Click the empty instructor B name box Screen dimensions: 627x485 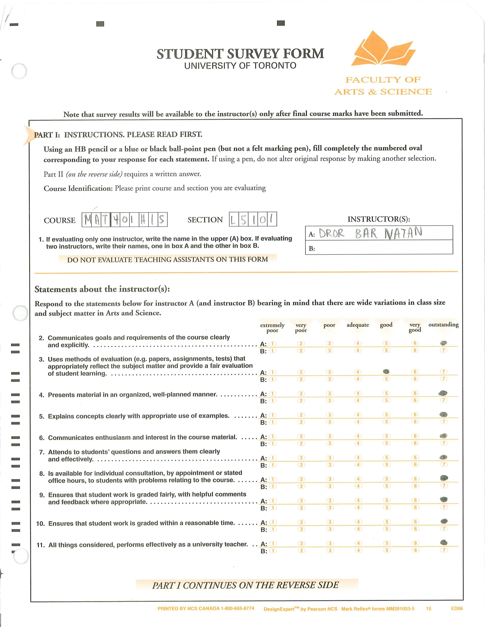(x=382, y=247)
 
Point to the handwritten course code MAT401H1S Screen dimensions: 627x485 (x=124, y=220)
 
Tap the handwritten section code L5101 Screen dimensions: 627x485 (x=253, y=219)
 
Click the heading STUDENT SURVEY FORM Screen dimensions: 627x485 (x=240, y=54)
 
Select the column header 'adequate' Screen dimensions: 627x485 (x=358, y=325)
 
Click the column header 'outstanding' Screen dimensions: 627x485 (x=443, y=325)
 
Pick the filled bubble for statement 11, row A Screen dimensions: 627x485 (x=444, y=542)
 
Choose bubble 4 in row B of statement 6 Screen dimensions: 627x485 (x=358, y=443)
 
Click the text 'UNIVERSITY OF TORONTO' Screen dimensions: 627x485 (x=240, y=66)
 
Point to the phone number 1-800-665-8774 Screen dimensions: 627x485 (x=237, y=608)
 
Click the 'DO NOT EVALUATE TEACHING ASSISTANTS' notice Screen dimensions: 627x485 (x=168, y=260)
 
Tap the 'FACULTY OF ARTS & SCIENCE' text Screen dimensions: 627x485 (x=383, y=85)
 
